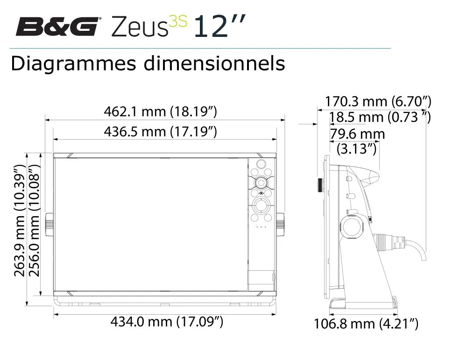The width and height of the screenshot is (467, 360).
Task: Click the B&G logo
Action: [57, 26]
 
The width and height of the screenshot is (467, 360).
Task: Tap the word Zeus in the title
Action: [139, 27]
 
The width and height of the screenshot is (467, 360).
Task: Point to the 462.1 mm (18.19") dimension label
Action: [160, 112]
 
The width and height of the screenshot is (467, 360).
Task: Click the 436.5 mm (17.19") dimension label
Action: [160, 131]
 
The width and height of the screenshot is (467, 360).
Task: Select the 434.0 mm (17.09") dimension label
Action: [167, 322]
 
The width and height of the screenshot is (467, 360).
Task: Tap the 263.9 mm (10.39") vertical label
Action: [19, 221]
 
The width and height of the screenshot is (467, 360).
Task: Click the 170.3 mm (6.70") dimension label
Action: [378, 101]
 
